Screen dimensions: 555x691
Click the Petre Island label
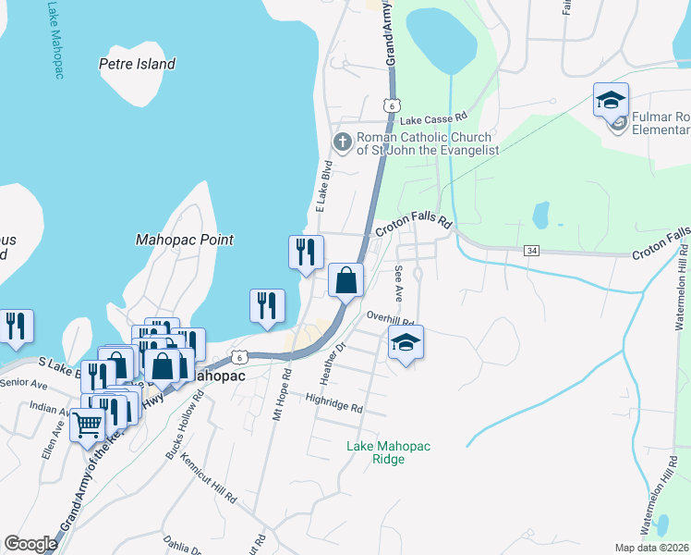point(137,65)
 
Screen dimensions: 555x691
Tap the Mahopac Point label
point(185,240)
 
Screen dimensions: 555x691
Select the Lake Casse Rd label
point(434,118)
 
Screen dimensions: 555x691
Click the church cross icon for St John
point(342,142)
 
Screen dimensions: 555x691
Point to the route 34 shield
point(530,251)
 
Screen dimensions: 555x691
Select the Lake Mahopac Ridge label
point(388,452)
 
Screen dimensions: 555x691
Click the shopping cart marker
point(87,426)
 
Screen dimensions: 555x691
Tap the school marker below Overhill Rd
point(406,343)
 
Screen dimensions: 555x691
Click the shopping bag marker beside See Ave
point(345,280)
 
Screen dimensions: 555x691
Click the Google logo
point(31,544)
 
